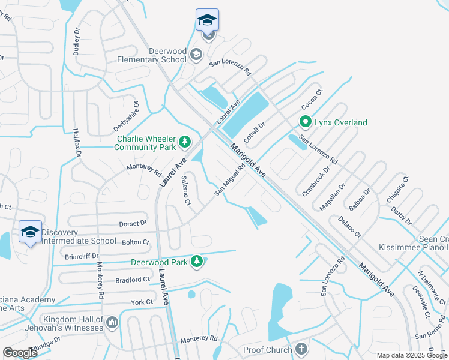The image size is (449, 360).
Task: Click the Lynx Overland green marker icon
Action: tap(305, 122)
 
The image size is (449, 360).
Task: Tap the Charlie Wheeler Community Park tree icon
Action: tap(185, 142)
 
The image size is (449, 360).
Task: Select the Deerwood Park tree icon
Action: tap(196, 261)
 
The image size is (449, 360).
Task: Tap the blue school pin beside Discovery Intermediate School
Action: tap(30, 232)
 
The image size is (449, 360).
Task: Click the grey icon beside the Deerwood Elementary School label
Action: tap(196, 56)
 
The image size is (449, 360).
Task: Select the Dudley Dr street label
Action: tap(77, 41)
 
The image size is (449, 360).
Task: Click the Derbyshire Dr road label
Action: tap(127, 120)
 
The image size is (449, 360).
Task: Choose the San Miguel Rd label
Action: tap(231, 181)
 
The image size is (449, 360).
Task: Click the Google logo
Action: tap(20, 352)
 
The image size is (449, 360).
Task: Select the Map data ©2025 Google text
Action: tap(411, 355)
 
